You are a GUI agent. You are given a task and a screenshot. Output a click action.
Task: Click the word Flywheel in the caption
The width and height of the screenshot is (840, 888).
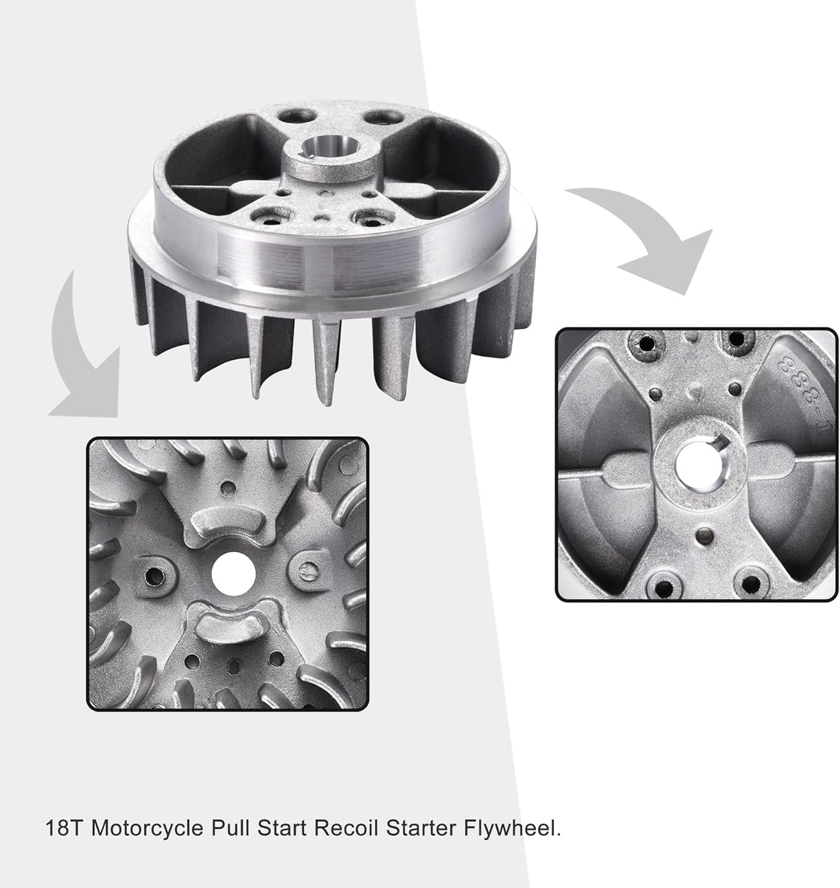(x=513, y=828)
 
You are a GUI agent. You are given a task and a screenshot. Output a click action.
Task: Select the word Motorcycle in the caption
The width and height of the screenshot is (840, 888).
(x=147, y=829)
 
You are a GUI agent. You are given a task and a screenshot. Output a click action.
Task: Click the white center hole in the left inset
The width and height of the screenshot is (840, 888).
(x=233, y=574)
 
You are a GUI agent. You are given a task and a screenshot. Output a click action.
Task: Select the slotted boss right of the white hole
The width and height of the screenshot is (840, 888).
(x=307, y=570)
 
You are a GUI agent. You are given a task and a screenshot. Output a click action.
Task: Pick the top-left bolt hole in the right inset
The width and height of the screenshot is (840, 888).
(x=646, y=343)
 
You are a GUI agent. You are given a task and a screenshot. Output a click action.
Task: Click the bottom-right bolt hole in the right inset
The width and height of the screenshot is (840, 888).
(x=751, y=584)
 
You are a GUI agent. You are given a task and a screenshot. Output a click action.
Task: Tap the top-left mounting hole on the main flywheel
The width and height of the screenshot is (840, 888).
(x=297, y=117)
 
